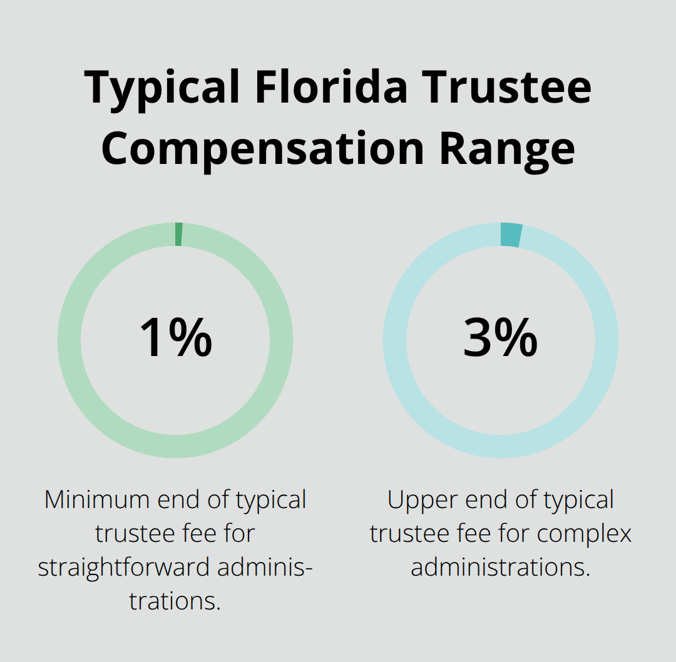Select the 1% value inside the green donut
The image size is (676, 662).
[175, 339]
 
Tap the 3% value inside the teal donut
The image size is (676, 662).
[500, 339]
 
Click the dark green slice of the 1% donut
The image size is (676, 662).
[179, 234]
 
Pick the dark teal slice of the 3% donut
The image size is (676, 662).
[511, 235]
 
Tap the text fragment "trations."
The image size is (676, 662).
[175, 601]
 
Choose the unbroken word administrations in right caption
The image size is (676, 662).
[500, 568]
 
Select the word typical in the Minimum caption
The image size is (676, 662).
[270, 500]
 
